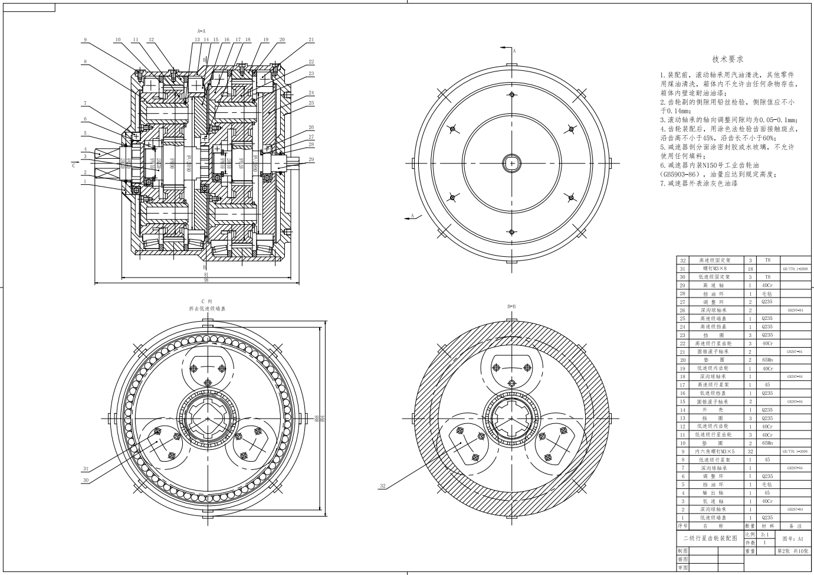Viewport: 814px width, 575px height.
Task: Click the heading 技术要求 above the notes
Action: pyautogui.click(x=727, y=59)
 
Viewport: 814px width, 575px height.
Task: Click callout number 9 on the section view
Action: pyautogui.click(x=85, y=40)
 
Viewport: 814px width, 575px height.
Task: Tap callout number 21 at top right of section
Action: pyautogui.click(x=311, y=40)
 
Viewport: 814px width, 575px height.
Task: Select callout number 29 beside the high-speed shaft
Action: pyautogui.click(x=311, y=159)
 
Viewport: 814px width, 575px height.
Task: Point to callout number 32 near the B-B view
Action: pyautogui.click(x=383, y=486)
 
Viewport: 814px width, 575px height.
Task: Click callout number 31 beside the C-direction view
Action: pyautogui.click(x=86, y=469)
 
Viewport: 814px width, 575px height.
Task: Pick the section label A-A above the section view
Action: pyautogui.click(x=201, y=30)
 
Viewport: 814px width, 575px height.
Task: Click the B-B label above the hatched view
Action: pyautogui.click(x=511, y=307)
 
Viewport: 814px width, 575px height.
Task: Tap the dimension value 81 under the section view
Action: pyautogui.click(x=206, y=274)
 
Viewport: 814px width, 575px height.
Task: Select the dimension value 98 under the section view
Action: pyautogui.click(x=206, y=280)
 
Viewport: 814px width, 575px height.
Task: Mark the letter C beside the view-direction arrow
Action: pyautogui.click(x=74, y=166)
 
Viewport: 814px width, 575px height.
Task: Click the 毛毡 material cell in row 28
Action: pyautogui.click(x=767, y=293)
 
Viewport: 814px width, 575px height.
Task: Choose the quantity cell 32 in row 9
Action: pyautogui.click(x=750, y=451)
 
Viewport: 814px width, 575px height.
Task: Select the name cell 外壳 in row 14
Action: pyautogui.click(x=713, y=410)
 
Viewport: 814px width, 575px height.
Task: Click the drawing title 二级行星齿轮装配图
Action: pyautogui.click(x=710, y=538)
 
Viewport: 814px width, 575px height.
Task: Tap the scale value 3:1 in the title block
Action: pyautogui.click(x=765, y=534)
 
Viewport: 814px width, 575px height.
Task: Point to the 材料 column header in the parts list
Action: pyautogui.click(x=767, y=525)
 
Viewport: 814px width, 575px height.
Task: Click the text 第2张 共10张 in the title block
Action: pyautogui.click(x=793, y=551)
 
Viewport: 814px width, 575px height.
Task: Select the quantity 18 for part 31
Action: pyautogui.click(x=750, y=269)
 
